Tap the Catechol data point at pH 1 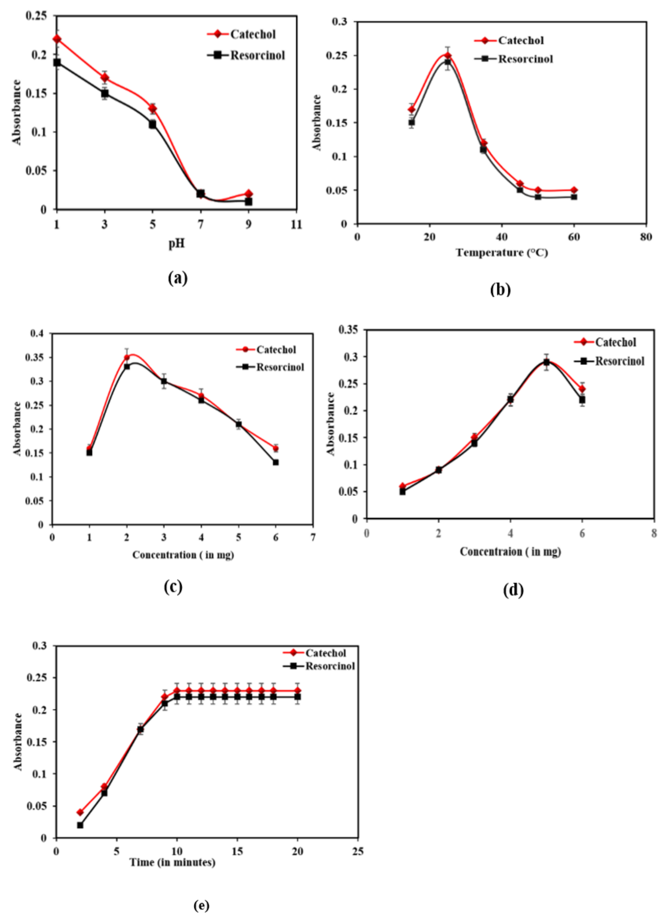point(57,39)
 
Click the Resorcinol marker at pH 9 point(249,202)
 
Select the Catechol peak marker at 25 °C point(448,56)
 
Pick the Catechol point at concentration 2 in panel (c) point(127,358)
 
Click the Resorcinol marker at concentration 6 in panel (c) point(276,462)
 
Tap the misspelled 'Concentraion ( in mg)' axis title point(510,552)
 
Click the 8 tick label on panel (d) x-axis point(654,533)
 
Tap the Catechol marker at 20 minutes point(298,690)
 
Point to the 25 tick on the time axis point(358,851)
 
